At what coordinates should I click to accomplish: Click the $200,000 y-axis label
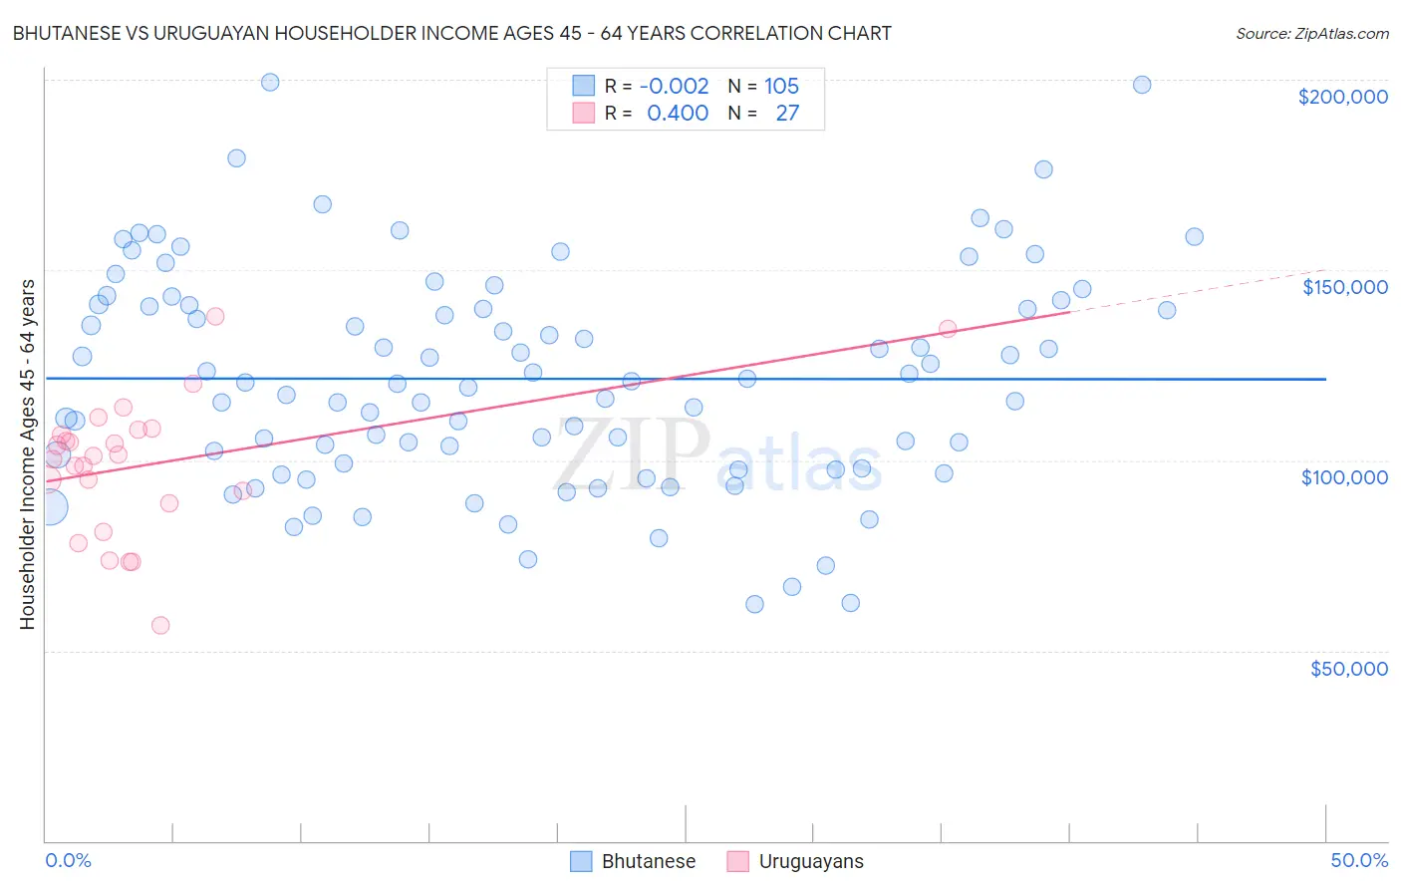1342,97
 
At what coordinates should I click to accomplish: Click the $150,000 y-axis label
1344,287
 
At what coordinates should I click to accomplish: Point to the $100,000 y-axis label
1344,477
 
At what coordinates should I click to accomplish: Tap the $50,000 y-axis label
1348,669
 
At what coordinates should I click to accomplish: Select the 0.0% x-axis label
68,860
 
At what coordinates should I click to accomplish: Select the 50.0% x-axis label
1359,860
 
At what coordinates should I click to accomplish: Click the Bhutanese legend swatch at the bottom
581,861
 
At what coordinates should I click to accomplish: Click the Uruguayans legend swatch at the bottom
737,861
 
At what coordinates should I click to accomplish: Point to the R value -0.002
674,86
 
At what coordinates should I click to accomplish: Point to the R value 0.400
678,113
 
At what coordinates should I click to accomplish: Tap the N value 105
781,86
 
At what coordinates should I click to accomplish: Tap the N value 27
787,113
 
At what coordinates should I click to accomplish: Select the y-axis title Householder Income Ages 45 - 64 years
27,454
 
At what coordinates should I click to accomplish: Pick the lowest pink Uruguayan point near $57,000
160,626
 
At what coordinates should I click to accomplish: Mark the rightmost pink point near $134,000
948,329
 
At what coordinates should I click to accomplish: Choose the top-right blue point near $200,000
1142,85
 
